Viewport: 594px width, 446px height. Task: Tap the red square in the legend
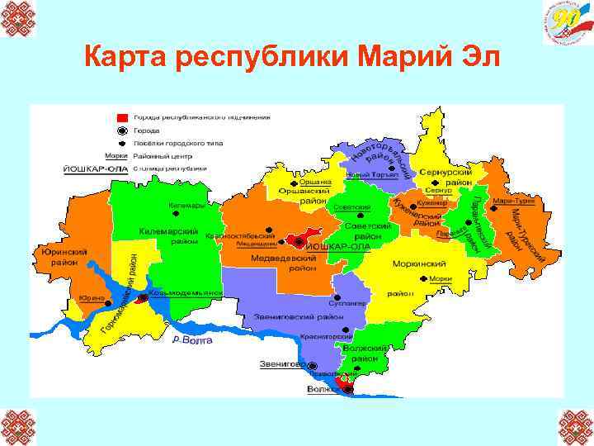pos(122,118)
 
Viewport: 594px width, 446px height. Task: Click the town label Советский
pos(352,206)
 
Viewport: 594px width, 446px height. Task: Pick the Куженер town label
pos(430,201)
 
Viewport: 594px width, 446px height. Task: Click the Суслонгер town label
pos(351,302)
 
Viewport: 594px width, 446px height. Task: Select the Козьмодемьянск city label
pos(189,292)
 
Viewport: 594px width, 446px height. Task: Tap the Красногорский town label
pos(326,336)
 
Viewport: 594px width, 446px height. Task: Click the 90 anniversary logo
pos(566,23)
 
